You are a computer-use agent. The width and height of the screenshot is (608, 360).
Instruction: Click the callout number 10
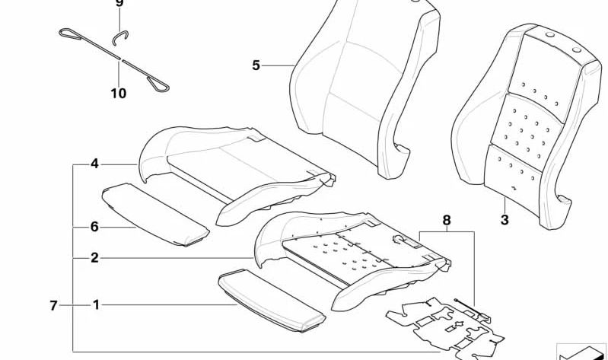pos(119,94)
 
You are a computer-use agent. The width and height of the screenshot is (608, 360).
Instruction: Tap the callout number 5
pos(256,65)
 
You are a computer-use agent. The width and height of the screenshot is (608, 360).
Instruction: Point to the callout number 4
pos(95,163)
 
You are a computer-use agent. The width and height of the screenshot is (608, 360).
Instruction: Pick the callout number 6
pos(95,227)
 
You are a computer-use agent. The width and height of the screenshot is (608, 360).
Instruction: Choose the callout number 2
pos(95,258)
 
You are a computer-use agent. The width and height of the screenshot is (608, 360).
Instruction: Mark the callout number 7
pos(54,305)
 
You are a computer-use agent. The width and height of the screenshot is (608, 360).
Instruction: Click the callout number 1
pos(96,305)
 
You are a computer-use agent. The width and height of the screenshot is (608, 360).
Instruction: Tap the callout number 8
pos(447,221)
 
